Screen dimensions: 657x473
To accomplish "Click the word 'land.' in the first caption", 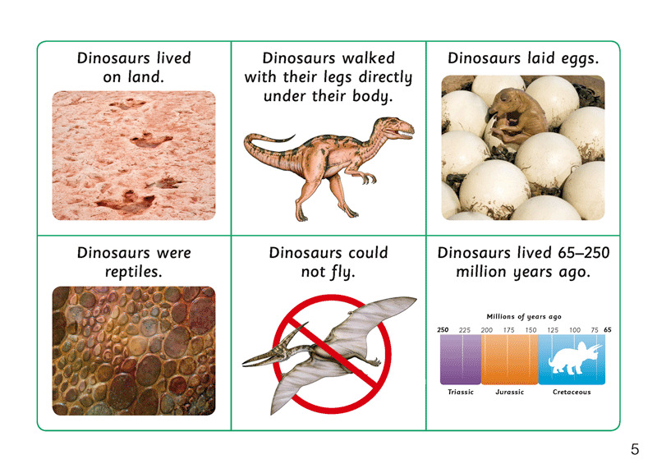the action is pos(146,76).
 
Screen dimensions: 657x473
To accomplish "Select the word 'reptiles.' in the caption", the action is pos(134,273).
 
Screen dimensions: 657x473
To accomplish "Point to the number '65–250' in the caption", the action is pos(584,253).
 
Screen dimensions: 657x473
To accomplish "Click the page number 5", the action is pos(635,449).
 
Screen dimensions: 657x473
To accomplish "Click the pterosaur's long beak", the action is pos(262,357).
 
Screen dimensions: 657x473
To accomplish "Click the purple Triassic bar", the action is pos(461,360).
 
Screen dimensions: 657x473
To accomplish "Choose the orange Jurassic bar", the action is pos(509,360).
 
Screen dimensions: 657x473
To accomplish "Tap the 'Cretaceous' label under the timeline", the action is pos(572,393).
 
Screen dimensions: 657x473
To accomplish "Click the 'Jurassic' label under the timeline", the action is pos(509,393).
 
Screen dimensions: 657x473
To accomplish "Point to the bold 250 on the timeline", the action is pos(443,330).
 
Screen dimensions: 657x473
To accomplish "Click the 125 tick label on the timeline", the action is pos(553,330).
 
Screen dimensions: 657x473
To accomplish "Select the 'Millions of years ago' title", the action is pos(524,317).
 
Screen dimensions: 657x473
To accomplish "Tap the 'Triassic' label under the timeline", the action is pos(461,393).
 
